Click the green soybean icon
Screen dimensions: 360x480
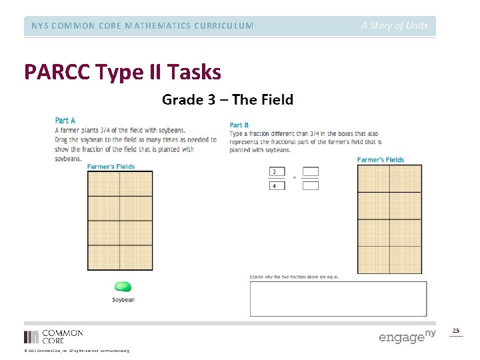[123, 287]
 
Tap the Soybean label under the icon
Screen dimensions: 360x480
[123, 300]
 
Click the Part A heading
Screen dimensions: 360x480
[65, 121]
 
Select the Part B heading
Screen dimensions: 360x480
[239, 125]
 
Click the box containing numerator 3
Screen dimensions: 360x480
[277, 172]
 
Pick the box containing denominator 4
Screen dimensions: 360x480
[277, 185]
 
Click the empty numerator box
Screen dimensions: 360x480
[311, 172]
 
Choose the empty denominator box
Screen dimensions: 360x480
[311, 185]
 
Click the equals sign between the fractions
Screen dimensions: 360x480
[294, 179]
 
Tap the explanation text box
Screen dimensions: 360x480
[338, 299]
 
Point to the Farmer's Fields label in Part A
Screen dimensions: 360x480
[111, 167]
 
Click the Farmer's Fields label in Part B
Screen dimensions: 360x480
[381, 160]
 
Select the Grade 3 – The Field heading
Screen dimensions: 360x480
[227, 100]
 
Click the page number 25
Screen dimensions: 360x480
[456, 331]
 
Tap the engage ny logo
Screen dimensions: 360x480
[407, 336]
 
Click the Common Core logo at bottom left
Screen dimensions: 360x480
[53, 336]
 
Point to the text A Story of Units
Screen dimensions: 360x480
[395, 26]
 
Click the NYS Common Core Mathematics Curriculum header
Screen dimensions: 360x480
[142, 26]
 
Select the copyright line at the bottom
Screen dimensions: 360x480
[77, 351]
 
